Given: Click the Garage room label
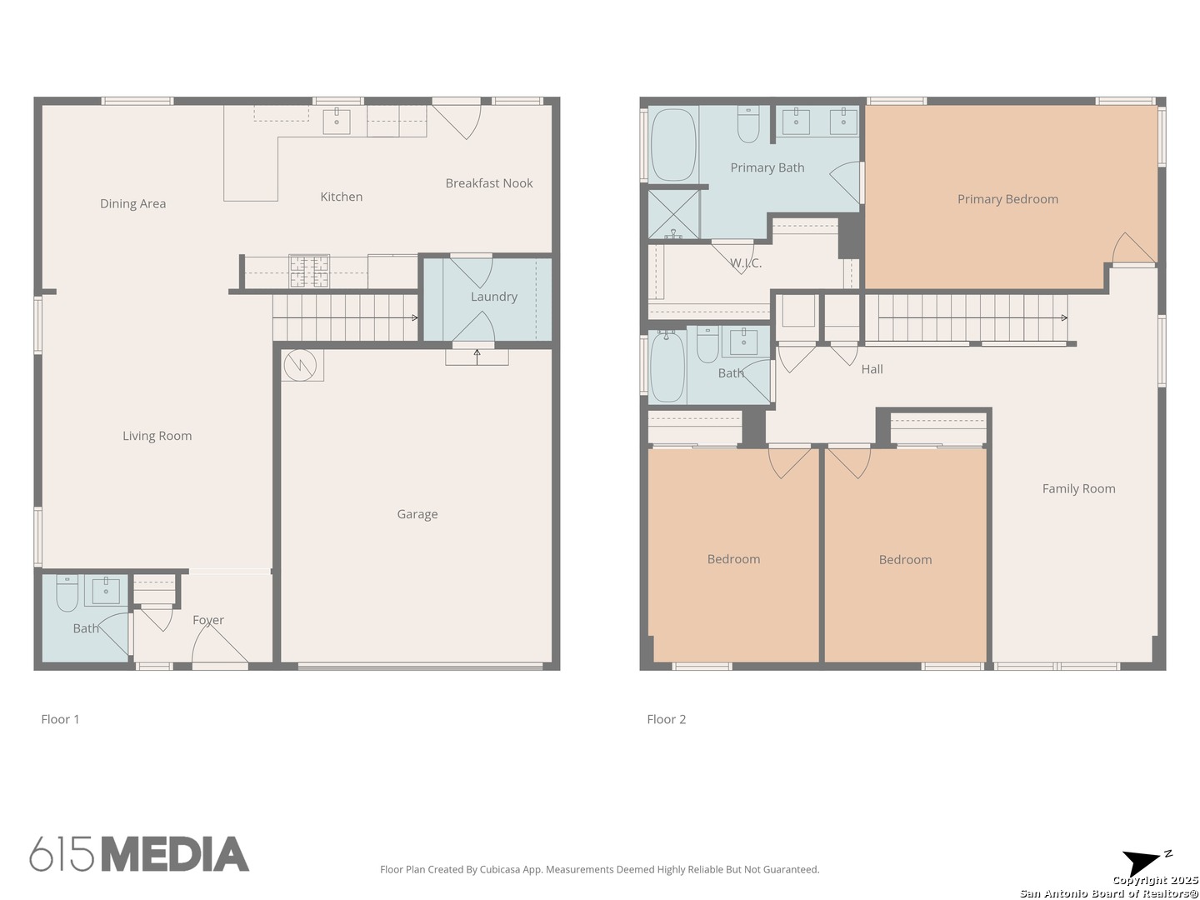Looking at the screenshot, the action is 417,514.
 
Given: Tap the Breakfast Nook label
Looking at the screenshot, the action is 488,183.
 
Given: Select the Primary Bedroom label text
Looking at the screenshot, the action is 1007,199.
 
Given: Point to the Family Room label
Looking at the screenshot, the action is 1078,488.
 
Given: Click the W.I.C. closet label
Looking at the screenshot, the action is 746,263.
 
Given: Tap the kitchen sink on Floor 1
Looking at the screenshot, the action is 336,122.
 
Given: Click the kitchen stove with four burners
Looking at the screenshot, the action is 309,271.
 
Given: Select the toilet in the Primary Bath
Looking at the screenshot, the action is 747,124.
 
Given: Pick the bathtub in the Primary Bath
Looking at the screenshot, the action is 673,145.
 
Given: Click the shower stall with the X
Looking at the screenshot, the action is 673,214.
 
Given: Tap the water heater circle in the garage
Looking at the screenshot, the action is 300,365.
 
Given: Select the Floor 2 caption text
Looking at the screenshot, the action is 666,719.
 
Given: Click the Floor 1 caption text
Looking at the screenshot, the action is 60,719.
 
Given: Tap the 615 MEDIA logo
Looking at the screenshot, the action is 139,853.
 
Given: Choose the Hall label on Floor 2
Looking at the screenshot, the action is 872,369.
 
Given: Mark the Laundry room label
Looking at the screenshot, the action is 493,297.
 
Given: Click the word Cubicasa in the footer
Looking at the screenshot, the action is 500,869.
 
